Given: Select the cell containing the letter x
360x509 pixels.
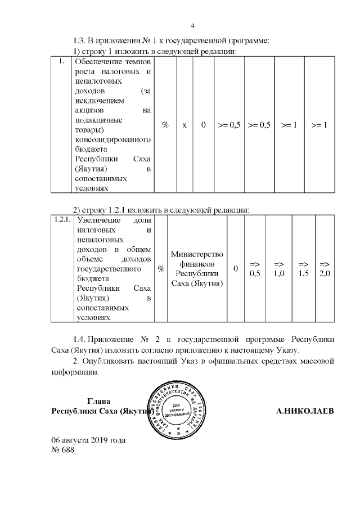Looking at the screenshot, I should tap(184, 125).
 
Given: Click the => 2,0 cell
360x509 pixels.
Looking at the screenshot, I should tap(325, 269).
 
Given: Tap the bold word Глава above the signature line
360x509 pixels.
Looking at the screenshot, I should tap(98, 401).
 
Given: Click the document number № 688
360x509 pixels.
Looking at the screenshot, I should tap(62, 450).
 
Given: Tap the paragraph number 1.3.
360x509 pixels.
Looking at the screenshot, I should tap(79, 40).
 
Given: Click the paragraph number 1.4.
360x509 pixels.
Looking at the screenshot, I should tap(79, 340).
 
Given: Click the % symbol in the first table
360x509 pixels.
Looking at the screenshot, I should tap(165, 125).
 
